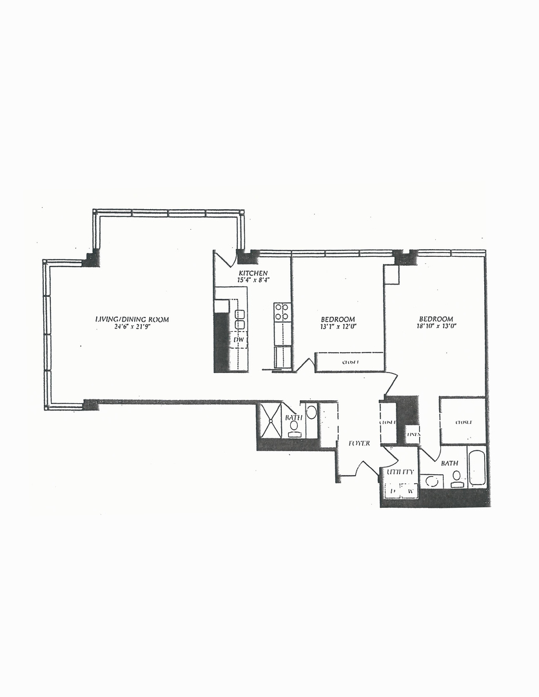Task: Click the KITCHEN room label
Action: click(253, 273)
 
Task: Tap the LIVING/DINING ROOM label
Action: click(132, 319)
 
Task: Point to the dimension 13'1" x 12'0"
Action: click(338, 327)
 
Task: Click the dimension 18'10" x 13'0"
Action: click(436, 327)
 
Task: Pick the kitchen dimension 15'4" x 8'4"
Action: click(253, 281)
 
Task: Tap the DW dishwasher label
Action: click(239, 339)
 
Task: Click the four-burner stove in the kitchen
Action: click(282, 312)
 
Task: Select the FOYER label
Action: click(358, 443)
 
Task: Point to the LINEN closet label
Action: click(412, 434)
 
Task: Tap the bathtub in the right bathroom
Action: click(476, 468)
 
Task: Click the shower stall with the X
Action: click(269, 421)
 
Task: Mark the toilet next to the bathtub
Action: click(457, 478)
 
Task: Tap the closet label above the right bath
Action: click(464, 422)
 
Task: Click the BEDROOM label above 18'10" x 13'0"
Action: click(436, 319)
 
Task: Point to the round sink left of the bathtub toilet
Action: click(432, 481)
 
